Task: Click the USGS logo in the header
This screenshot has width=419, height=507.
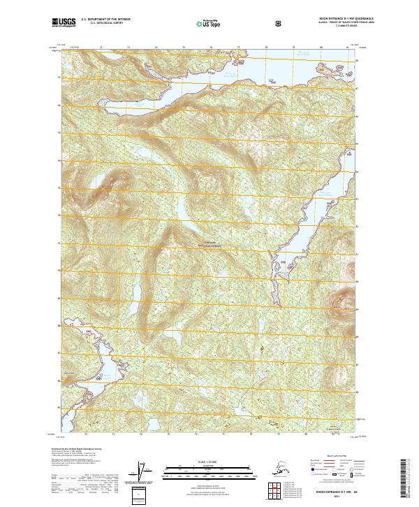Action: click(64, 24)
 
